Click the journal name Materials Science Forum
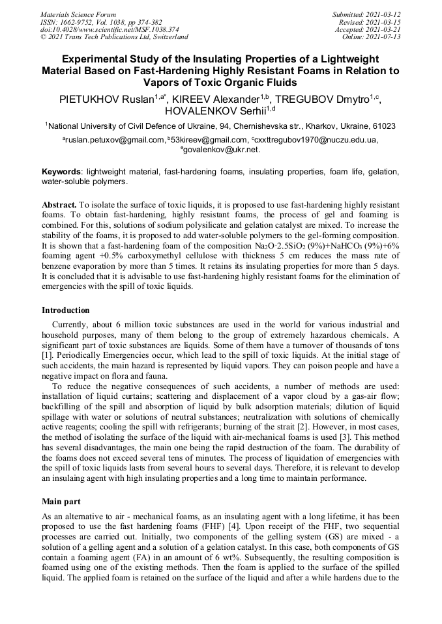(78, 14)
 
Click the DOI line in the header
(101, 29)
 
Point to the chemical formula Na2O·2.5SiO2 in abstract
(282, 247)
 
